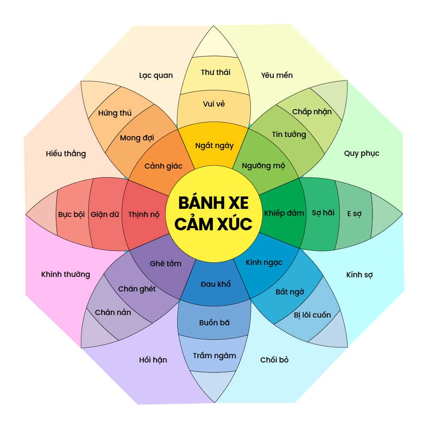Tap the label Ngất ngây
tap(214, 146)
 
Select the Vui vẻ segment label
tap(214, 104)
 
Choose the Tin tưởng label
tap(289, 134)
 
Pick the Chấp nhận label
tap(312, 112)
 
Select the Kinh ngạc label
tap(264, 262)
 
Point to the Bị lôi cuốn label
tap(312, 315)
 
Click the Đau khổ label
tap(216, 284)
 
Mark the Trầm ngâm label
tap(214, 356)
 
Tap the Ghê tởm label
tap(166, 264)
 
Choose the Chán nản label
tap(113, 312)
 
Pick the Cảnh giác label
tap(163, 166)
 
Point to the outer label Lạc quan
tap(156, 75)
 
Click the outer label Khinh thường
tap(65, 274)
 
